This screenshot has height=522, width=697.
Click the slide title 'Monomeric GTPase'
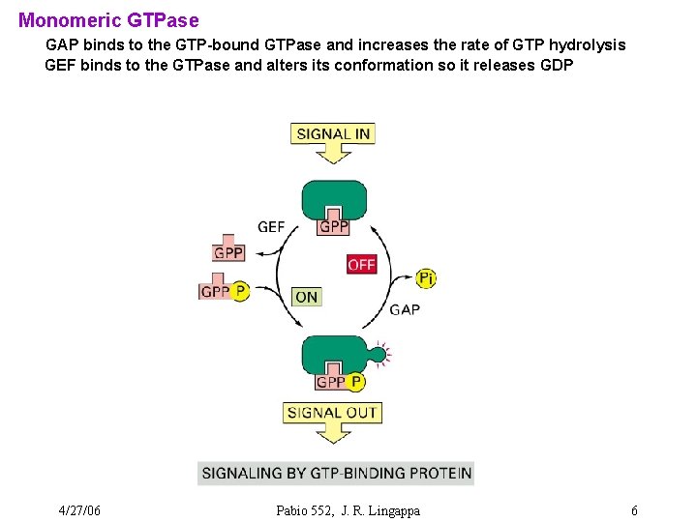108,19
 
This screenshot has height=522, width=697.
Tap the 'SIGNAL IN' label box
332,133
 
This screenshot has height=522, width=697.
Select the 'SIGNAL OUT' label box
333,413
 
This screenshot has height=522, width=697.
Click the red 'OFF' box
361,264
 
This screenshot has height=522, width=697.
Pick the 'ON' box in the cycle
306,297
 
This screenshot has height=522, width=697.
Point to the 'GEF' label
271,227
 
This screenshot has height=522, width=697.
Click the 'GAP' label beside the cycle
405,309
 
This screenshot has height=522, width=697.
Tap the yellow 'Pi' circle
426,278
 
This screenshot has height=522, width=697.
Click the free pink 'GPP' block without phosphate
228,251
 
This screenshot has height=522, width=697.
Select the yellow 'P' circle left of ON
240,291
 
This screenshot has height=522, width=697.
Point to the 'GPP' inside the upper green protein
334,226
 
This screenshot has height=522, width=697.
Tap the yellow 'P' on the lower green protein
355,382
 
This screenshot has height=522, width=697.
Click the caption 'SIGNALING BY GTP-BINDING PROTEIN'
335,473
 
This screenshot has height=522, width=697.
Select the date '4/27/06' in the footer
79,510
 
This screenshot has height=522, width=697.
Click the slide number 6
633,510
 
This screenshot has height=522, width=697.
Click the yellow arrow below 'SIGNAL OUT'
333,434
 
